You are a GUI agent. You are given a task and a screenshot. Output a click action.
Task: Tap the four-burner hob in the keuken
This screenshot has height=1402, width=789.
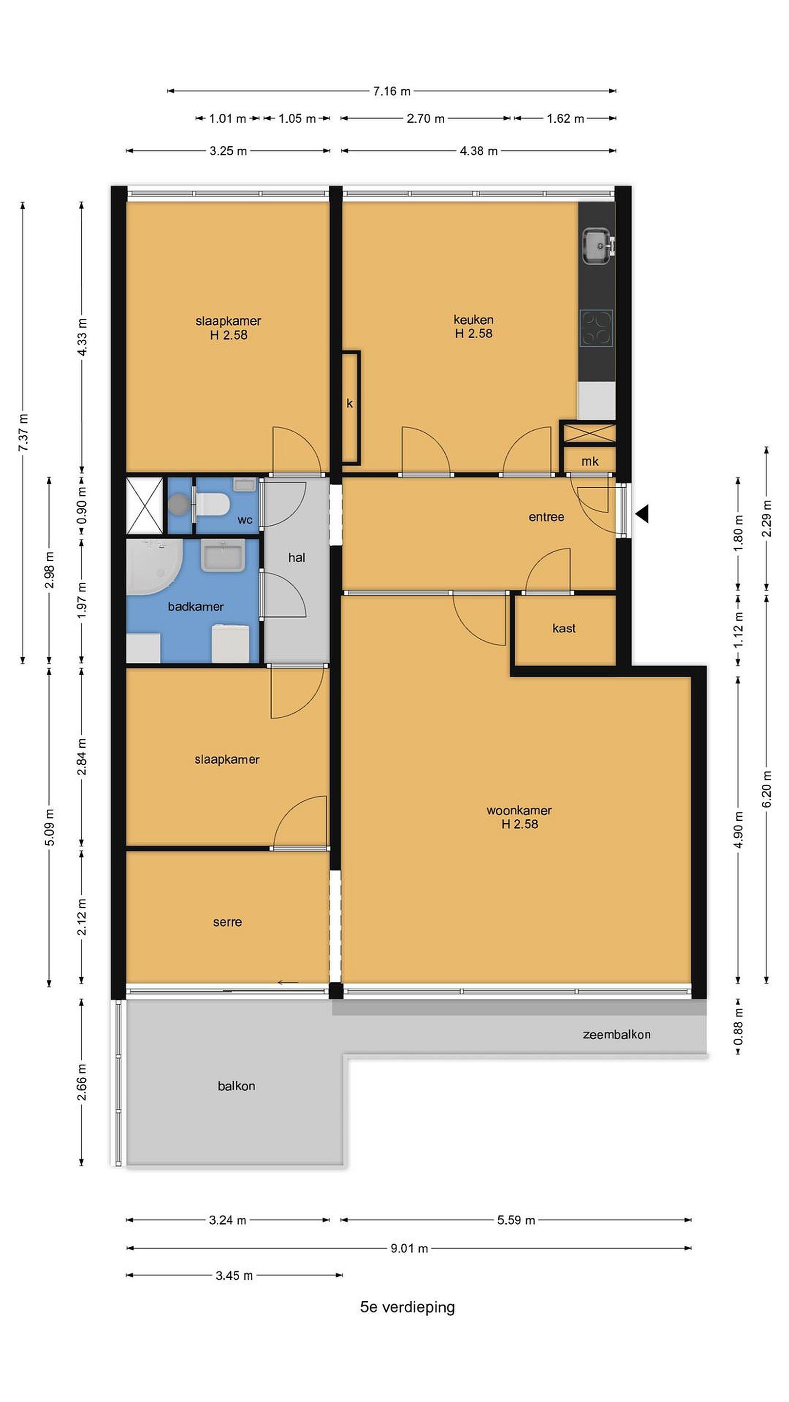[596, 328]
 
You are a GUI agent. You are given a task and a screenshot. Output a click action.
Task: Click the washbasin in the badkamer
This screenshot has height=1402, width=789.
[223, 554]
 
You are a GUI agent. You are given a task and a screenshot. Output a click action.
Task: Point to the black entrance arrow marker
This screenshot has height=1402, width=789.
[642, 514]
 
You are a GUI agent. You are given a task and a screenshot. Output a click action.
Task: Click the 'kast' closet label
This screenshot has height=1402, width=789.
[564, 628]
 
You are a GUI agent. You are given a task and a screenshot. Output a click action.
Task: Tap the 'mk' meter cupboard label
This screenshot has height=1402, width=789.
[590, 461]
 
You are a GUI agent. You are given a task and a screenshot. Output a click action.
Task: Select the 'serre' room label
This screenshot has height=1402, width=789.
[227, 922]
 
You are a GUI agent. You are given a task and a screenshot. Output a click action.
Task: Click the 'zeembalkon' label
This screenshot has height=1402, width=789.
[617, 1034]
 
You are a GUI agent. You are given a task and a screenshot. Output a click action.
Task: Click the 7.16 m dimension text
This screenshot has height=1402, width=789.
[392, 91]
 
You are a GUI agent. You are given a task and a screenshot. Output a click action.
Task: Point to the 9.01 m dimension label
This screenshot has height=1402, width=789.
[409, 1248]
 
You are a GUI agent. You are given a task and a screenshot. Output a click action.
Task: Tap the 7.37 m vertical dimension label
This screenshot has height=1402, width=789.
[23, 433]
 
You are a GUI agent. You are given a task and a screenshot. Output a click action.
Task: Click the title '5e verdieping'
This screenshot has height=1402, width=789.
[407, 1307]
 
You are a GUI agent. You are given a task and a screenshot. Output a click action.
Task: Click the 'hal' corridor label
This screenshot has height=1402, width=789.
[297, 557]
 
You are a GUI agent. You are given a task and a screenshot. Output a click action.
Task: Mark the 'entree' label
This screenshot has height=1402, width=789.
[546, 517]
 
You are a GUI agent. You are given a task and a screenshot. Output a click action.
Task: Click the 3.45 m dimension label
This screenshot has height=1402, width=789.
[234, 1276]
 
